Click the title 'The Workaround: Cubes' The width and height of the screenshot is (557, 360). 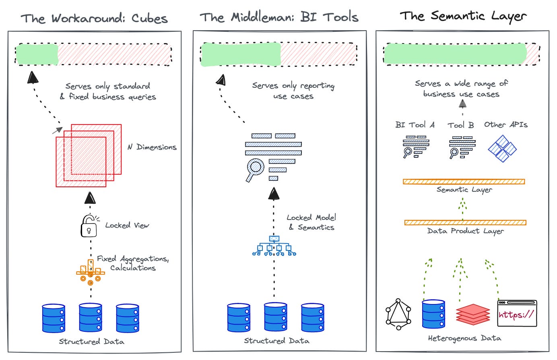point(94,19)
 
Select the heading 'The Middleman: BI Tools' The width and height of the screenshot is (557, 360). point(279,17)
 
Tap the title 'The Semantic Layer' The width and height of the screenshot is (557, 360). point(463,16)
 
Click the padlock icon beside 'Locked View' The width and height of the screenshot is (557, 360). point(89,226)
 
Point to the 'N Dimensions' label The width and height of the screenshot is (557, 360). point(152,147)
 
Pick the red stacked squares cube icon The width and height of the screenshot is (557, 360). point(89,155)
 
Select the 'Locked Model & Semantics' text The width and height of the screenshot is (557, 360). point(311,222)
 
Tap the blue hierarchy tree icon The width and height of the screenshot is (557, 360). point(274,246)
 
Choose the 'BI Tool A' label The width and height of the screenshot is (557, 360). point(415,125)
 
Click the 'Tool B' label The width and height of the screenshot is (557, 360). point(461,125)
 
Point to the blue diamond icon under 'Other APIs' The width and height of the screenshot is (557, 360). point(502,149)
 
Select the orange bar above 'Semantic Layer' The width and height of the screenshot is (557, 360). point(464,182)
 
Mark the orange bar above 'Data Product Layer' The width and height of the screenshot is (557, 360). point(465,222)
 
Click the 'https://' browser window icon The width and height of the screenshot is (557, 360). point(517,313)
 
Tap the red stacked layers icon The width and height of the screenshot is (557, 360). point(473,314)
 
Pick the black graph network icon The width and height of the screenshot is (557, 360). point(398,314)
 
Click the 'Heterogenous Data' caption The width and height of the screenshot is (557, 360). point(464,338)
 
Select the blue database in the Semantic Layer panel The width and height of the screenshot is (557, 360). point(433,314)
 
